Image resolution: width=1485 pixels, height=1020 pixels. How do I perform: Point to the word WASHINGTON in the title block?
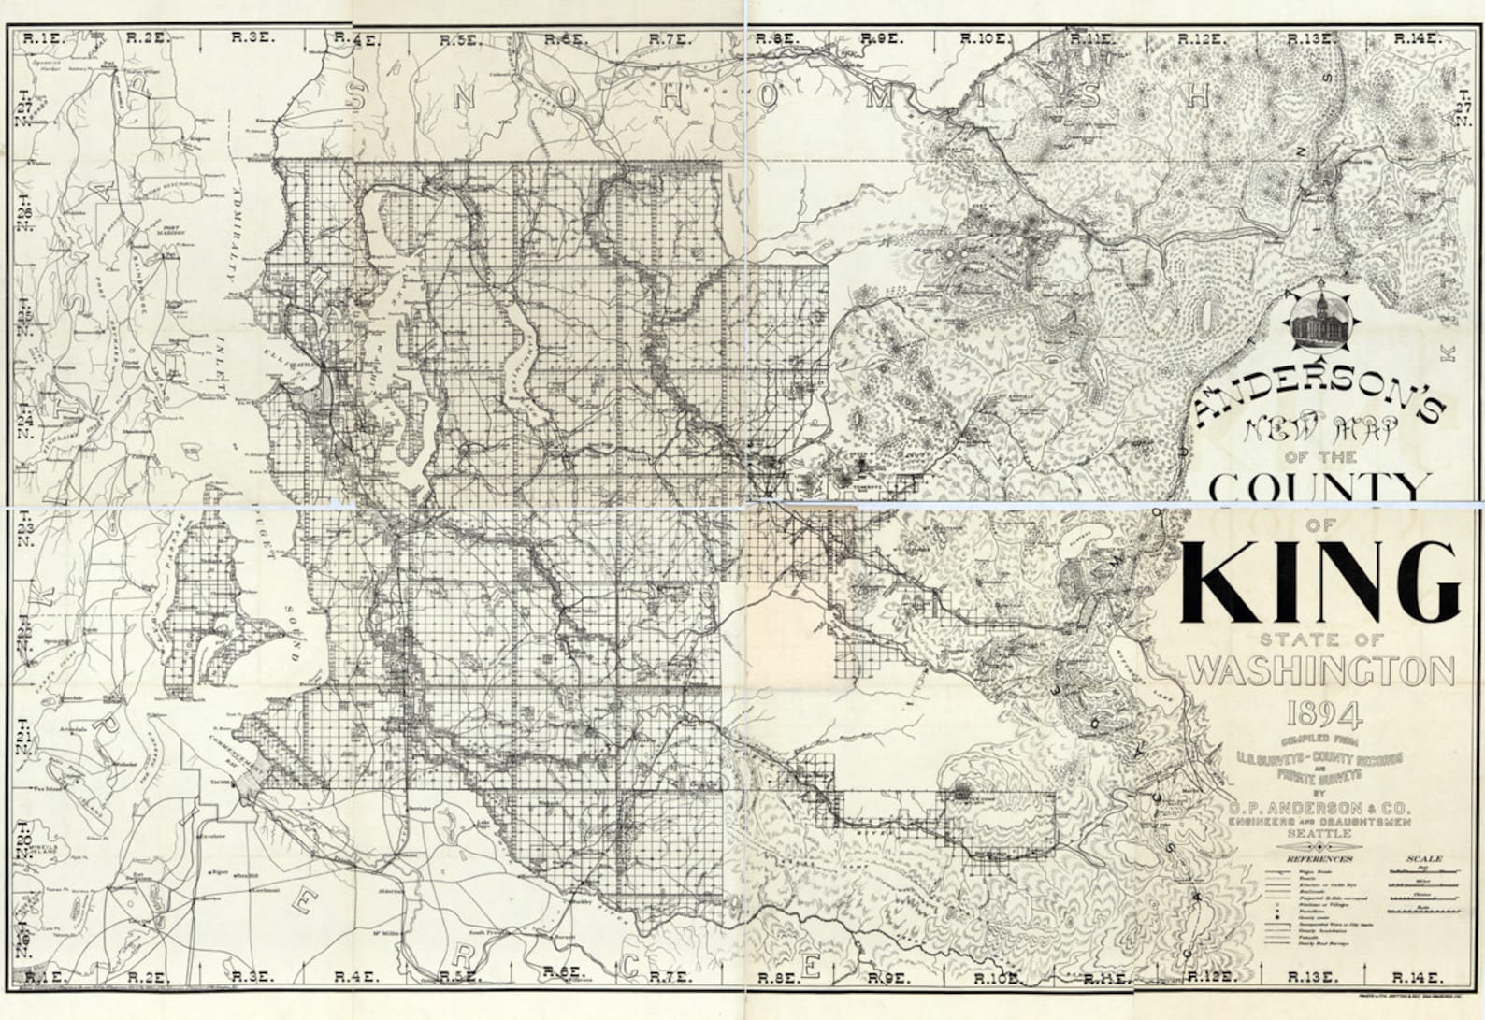click(1321, 670)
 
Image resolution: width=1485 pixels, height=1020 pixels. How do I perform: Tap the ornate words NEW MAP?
click(1319, 432)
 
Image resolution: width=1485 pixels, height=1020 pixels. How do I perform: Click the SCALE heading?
click(1423, 858)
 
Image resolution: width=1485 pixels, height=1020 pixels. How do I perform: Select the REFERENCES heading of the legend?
click(1319, 858)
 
